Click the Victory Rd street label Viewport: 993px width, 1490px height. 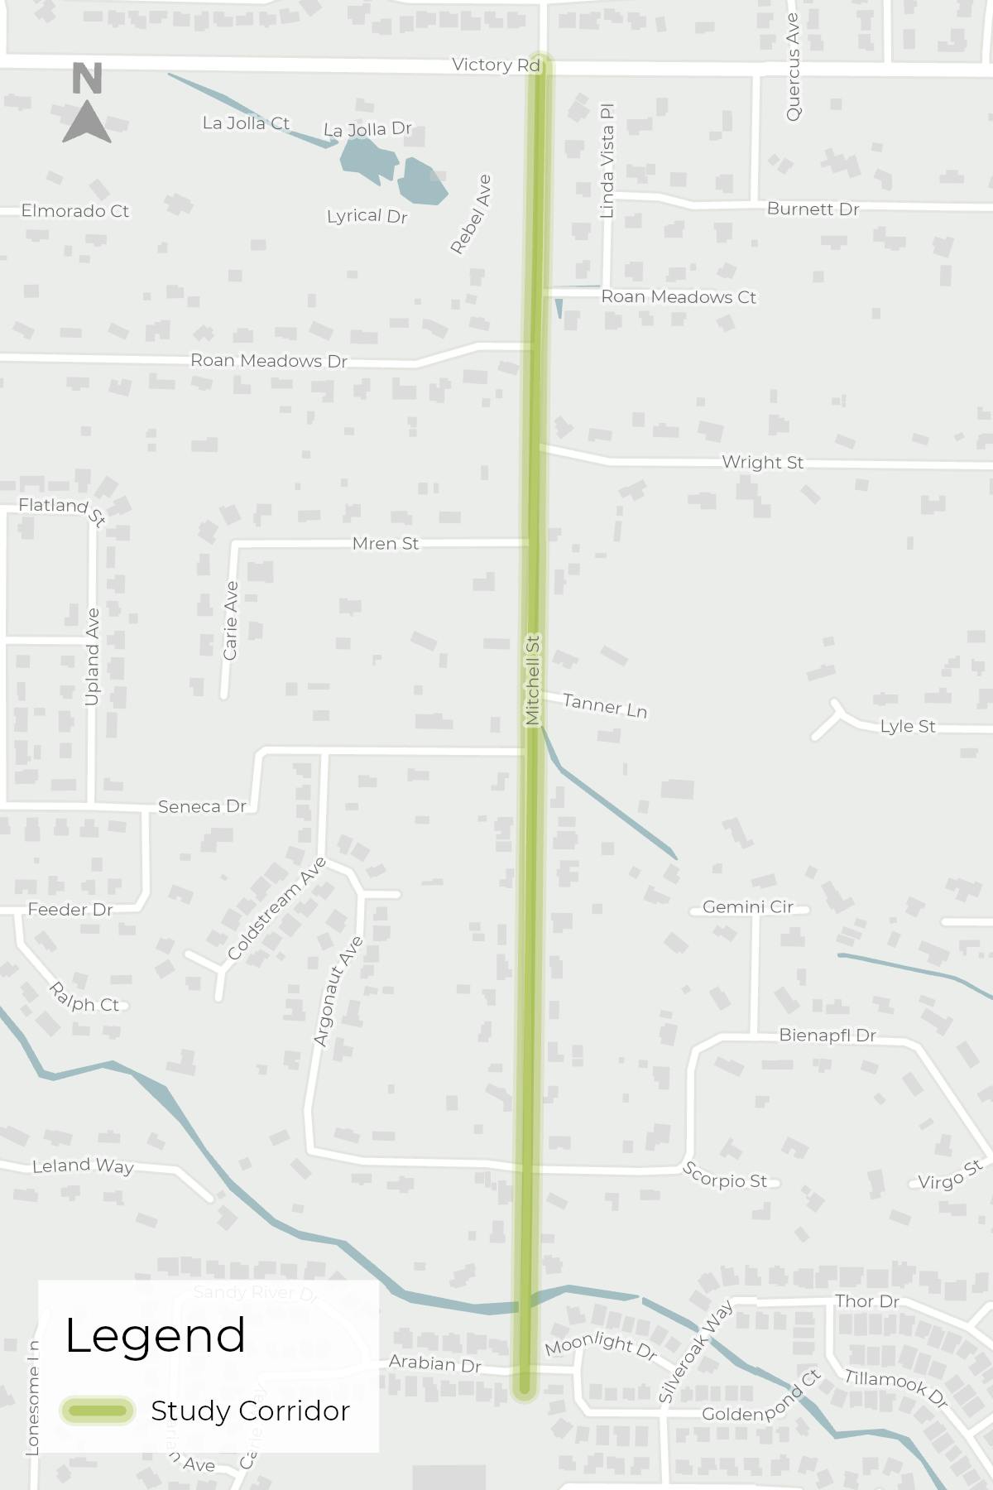point(495,65)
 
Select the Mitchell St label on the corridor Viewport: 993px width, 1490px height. point(532,680)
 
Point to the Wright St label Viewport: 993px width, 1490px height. point(762,462)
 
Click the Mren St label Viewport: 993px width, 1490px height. point(386,544)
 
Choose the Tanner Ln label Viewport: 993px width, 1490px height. point(605,706)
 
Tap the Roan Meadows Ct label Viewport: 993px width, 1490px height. point(679,296)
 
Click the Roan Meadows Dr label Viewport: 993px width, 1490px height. point(269,361)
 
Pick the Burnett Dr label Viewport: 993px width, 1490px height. point(813,209)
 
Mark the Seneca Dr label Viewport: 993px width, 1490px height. point(202,806)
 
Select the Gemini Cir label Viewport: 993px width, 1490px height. point(748,907)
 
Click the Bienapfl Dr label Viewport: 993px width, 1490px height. point(827,1036)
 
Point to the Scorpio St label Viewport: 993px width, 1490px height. point(725,1175)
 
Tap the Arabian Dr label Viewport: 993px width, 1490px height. point(434,1363)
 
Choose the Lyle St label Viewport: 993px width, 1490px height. point(908,726)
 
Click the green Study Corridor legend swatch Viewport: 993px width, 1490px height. point(97,1411)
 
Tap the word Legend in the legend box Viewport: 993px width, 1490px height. point(155,1335)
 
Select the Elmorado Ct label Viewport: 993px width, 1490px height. point(75,211)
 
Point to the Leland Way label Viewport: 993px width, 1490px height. point(83,1166)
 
